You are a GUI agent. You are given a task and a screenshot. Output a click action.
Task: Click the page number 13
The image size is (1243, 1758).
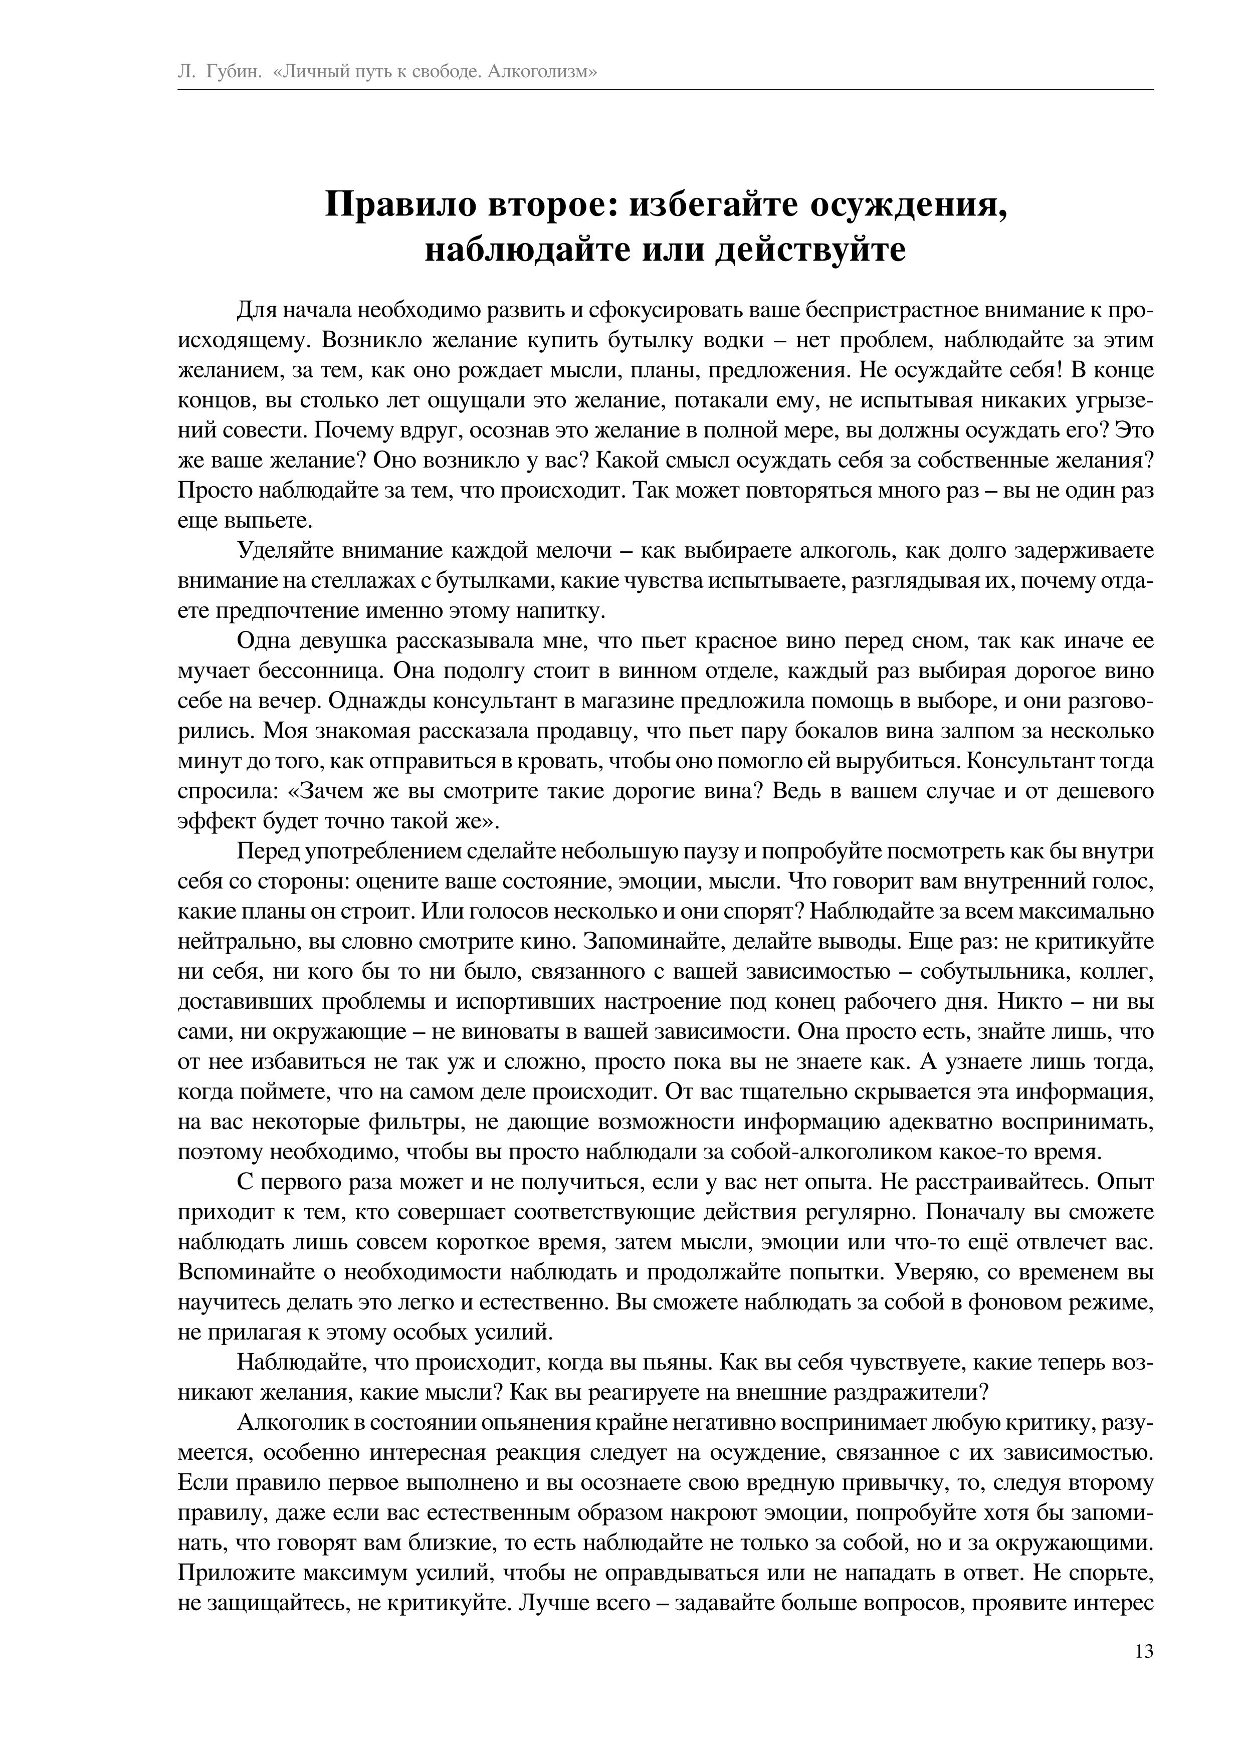point(1143,1674)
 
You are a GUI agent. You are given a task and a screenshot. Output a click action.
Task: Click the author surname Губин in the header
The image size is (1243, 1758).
point(235,72)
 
